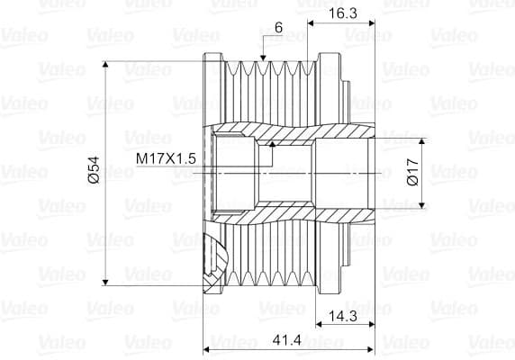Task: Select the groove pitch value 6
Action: (278, 30)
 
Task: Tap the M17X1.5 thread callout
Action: (166, 158)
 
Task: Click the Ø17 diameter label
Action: (411, 172)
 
